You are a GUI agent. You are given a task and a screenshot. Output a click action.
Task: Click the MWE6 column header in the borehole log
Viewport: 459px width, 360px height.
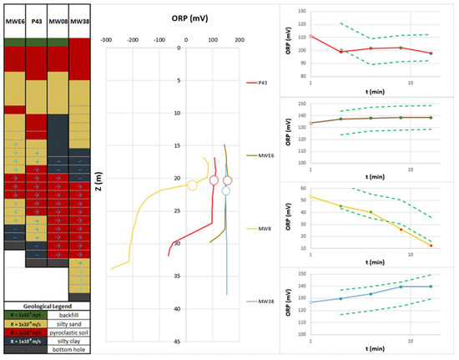point(14,19)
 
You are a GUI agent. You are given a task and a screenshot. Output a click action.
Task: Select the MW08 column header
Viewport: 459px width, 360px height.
point(58,19)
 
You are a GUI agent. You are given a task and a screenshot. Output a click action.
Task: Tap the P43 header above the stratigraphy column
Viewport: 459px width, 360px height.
point(37,19)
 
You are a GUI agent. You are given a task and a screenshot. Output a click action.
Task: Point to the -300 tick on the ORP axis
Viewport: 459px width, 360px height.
point(106,38)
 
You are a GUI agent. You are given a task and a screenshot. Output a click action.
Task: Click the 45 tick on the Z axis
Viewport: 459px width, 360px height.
point(178,341)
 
